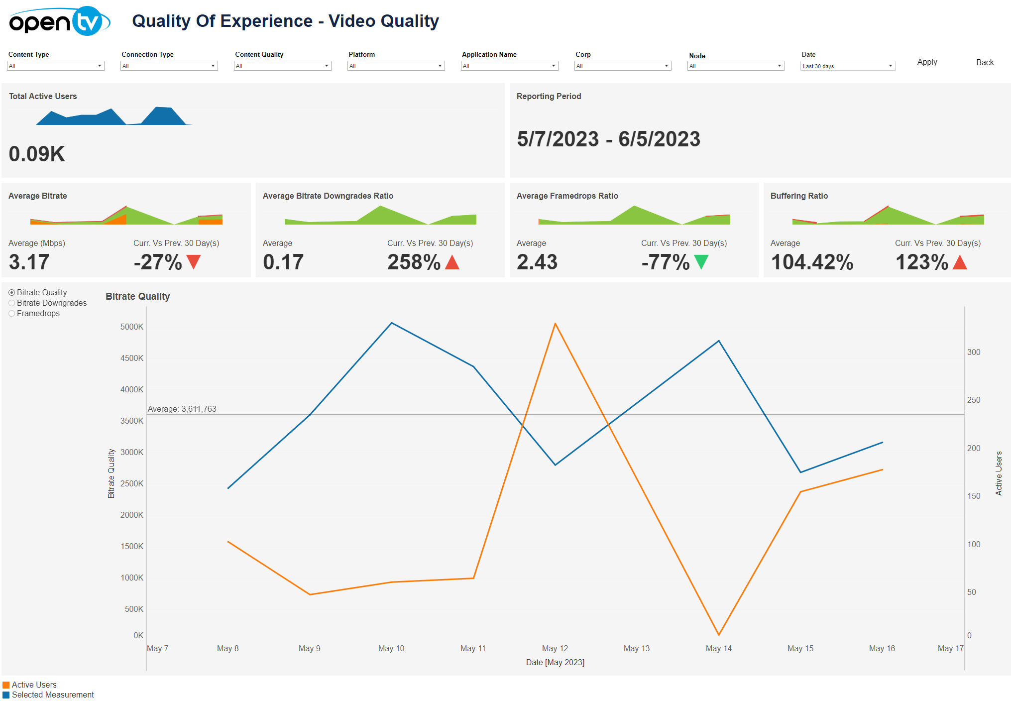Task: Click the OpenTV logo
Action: point(59,21)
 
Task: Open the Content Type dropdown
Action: point(55,66)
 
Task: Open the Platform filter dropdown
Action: point(396,66)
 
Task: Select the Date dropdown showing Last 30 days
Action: point(847,66)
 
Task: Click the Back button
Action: point(985,62)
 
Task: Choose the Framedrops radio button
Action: point(12,314)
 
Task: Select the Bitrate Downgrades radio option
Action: point(12,303)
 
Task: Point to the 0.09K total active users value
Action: point(37,154)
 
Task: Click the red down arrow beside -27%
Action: point(194,261)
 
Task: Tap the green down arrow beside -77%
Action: point(701,261)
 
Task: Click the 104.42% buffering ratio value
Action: point(812,262)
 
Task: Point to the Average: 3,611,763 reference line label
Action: point(182,409)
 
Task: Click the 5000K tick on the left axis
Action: point(132,327)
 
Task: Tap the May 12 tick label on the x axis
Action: point(555,648)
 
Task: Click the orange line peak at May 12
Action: point(555,324)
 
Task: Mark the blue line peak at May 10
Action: point(392,323)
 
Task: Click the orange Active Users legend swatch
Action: point(6,685)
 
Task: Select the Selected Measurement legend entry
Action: point(52,695)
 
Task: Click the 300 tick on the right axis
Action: point(974,352)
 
